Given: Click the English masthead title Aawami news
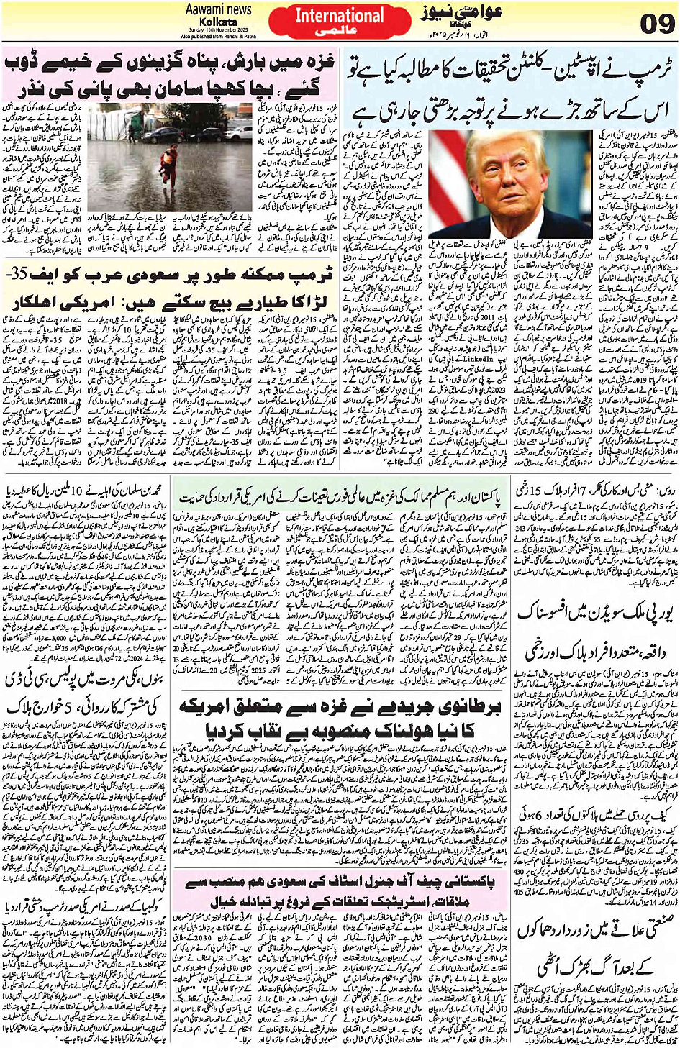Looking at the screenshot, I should point(218,9).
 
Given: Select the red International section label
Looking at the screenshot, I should point(340,16).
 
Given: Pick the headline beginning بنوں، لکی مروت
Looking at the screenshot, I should point(86,680).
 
